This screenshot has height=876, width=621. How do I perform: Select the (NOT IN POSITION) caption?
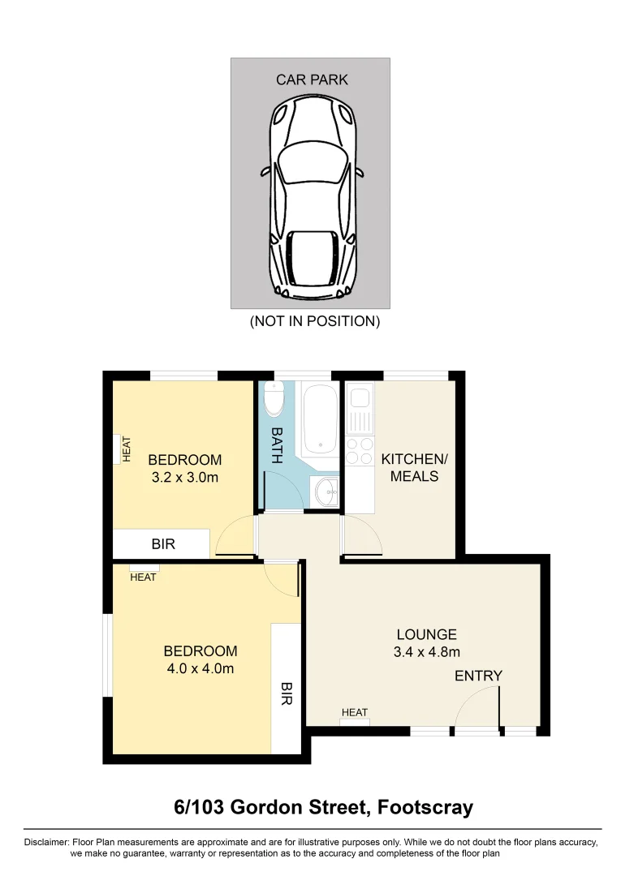pyautogui.click(x=314, y=321)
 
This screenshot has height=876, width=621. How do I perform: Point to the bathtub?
pyautogui.click(x=319, y=420)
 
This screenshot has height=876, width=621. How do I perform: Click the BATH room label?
pyautogui.click(x=276, y=445)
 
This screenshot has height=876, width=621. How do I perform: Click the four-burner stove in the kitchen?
pyautogui.click(x=360, y=454)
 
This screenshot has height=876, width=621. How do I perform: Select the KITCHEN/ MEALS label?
pyautogui.click(x=414, y=467)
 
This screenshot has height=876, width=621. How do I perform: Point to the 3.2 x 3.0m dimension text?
pyautogui.click(x=184, y=477)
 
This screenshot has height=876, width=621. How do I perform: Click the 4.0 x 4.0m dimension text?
pyautogui.click(x=200, y=668)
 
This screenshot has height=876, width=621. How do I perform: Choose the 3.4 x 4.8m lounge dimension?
pyautogui.click(x=427, y=651)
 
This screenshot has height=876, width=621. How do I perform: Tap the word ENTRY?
pyautogui.click(x=478, y=676)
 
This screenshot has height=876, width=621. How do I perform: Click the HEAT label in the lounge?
pyautogui.click(x=355, y=713)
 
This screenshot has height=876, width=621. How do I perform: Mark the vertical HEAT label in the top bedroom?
pyautogui.click(x=127, y=449)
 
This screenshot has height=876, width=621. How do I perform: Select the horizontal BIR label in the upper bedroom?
pyautogui.click(x=163, y=544)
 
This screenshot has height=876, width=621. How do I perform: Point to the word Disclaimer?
pyautogui.click(x=47, y=843)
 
